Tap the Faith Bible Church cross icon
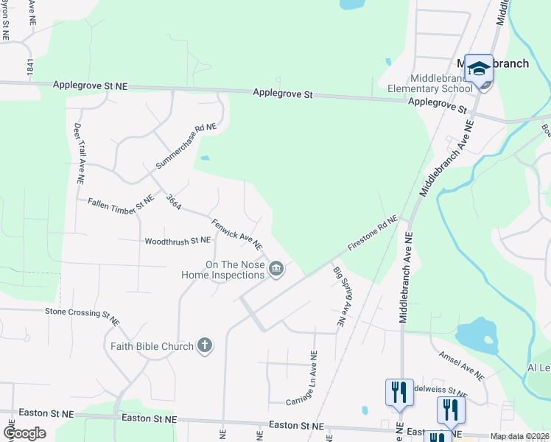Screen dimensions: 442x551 [x=205, y=345]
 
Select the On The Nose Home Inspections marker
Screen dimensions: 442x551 [x=276, y=270]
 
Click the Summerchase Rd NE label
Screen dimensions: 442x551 [x=186, y=146]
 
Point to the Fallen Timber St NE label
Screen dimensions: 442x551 [x=121, y=206]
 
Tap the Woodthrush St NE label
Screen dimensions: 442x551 [x=178, y=241]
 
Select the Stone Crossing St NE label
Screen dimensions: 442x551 [x=83, y=316]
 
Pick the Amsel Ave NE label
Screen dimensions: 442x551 [x=461, y=366]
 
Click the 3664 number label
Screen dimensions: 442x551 [x=174, y=202]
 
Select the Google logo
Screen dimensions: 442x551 [x=24, y=432]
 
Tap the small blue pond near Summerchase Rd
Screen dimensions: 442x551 [x=204, y=158]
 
